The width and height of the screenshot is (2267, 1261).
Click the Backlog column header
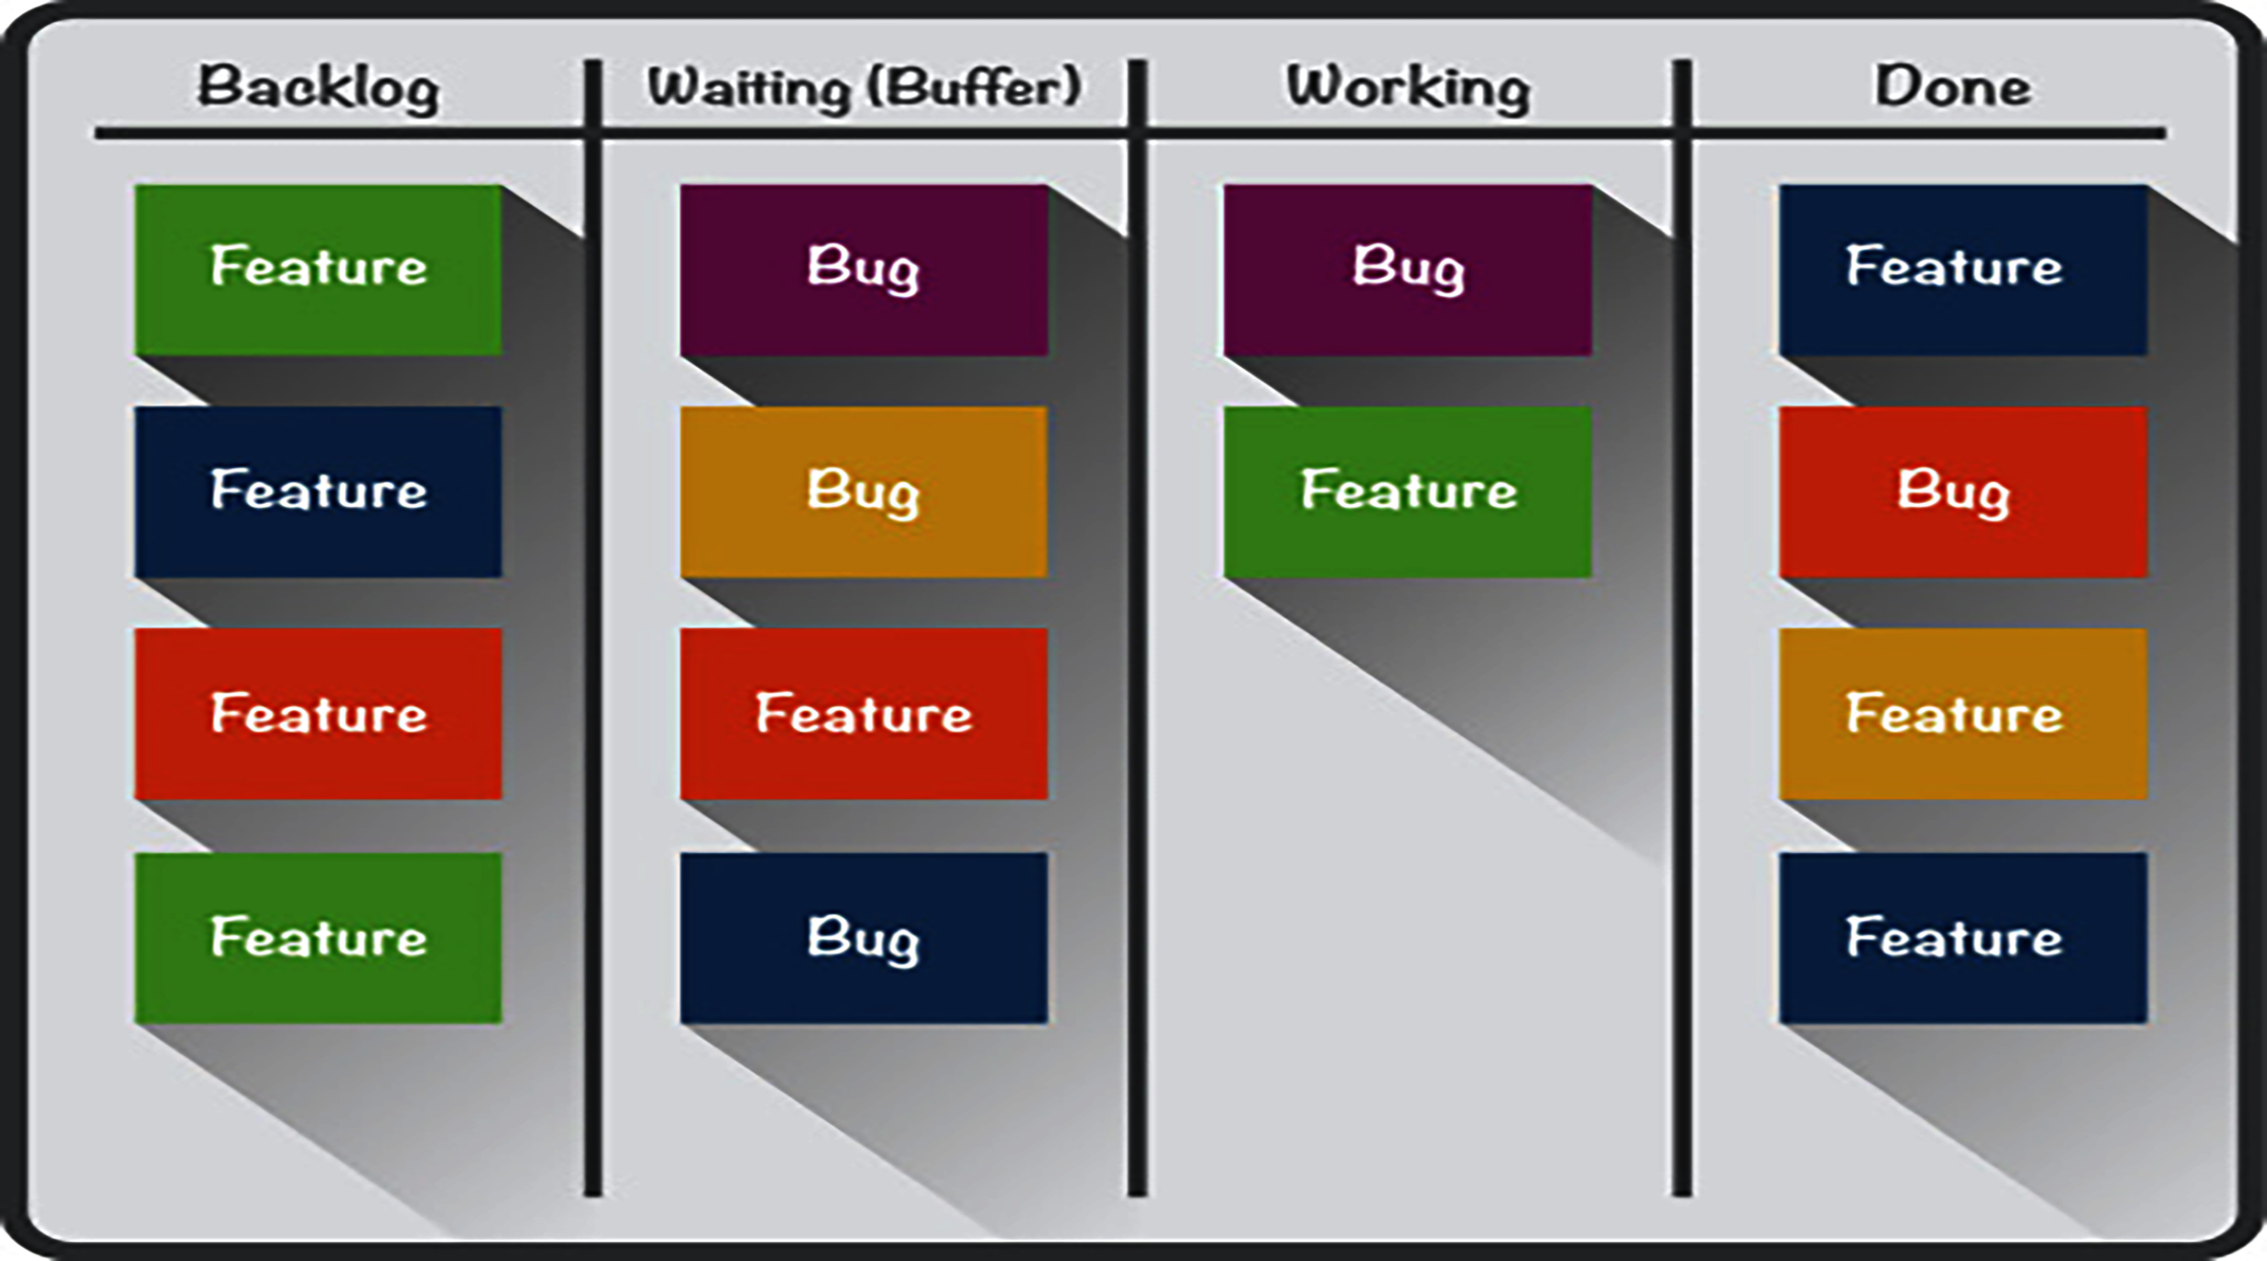318,87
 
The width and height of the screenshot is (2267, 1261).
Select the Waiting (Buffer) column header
863,87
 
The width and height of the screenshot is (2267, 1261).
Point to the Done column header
1952,87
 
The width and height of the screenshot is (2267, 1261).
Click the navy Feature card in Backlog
318,492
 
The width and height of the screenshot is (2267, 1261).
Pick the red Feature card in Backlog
318,714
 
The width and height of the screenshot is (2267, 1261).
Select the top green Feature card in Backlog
318,269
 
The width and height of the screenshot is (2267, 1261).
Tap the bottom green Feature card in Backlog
318,937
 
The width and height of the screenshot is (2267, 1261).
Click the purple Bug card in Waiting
863,269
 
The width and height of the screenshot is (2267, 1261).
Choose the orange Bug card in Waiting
863,492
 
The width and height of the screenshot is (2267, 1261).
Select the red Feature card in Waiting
863,714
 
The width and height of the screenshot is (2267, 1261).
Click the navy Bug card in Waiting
863,937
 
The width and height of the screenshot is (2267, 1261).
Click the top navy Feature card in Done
1962,269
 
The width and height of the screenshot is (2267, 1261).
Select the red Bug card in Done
1962,492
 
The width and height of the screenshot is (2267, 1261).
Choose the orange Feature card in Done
1962,714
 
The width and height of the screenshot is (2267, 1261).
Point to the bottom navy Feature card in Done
1962,937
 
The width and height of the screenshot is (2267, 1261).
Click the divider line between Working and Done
1682,671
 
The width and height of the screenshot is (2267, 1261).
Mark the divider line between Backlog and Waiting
593,671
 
